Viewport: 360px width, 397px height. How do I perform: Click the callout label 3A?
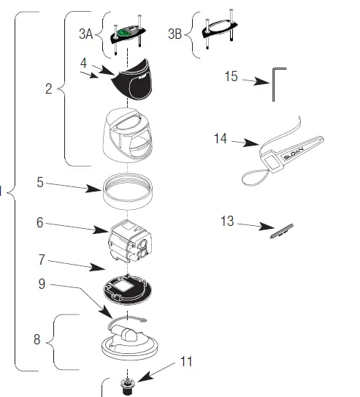86,34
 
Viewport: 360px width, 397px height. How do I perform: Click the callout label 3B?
175,34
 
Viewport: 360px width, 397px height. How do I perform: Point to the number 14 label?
221,138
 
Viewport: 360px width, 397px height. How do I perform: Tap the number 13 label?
228,222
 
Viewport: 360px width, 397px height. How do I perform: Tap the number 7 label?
42,260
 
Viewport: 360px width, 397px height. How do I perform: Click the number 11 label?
185,361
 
